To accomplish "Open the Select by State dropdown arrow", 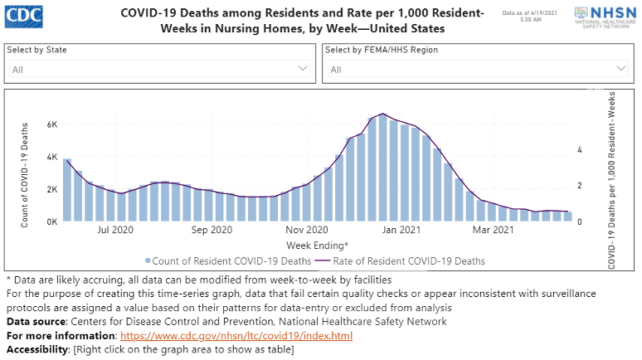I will pyautogui.click(x=303, y=69).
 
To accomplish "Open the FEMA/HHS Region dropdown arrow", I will pyautogui.click(x=621, y=69).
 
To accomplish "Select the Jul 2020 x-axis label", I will pyautogui.click(x=115, y=230).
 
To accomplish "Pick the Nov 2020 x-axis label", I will pyautogui.click(x=307, y=230).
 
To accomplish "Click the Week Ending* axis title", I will pyautogui.click(x=317, y=246).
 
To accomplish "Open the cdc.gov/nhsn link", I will pyautogui.click(x=236, y=336).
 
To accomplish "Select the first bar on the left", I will pyautogui.click(x=67, y=190).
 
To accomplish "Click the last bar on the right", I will pyautogui.click(x=568, y=216).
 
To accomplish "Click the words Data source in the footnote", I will pyautogui.click(x=34, y=321).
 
